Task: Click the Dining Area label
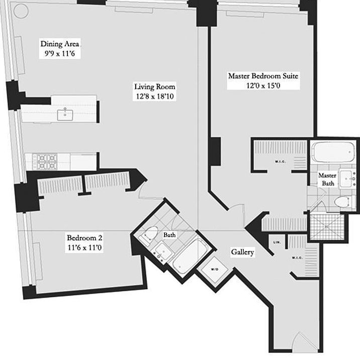pyautogui.click(x=60, y=44)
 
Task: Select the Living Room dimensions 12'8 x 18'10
pyautogui.click(x=154, y=97)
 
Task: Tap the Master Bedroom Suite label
pyautogui.click(x=263, y=76)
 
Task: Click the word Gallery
pyautogui.click(x=242, y=252)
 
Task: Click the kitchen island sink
pyautogui.click(x=65, y=115)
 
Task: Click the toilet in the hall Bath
pyautogui.click(x=149, y=235)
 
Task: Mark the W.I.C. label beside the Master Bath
pyautogui.click(x=281, y=161)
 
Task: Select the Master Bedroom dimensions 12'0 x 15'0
pyautogui.click(x=263, y=85)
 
